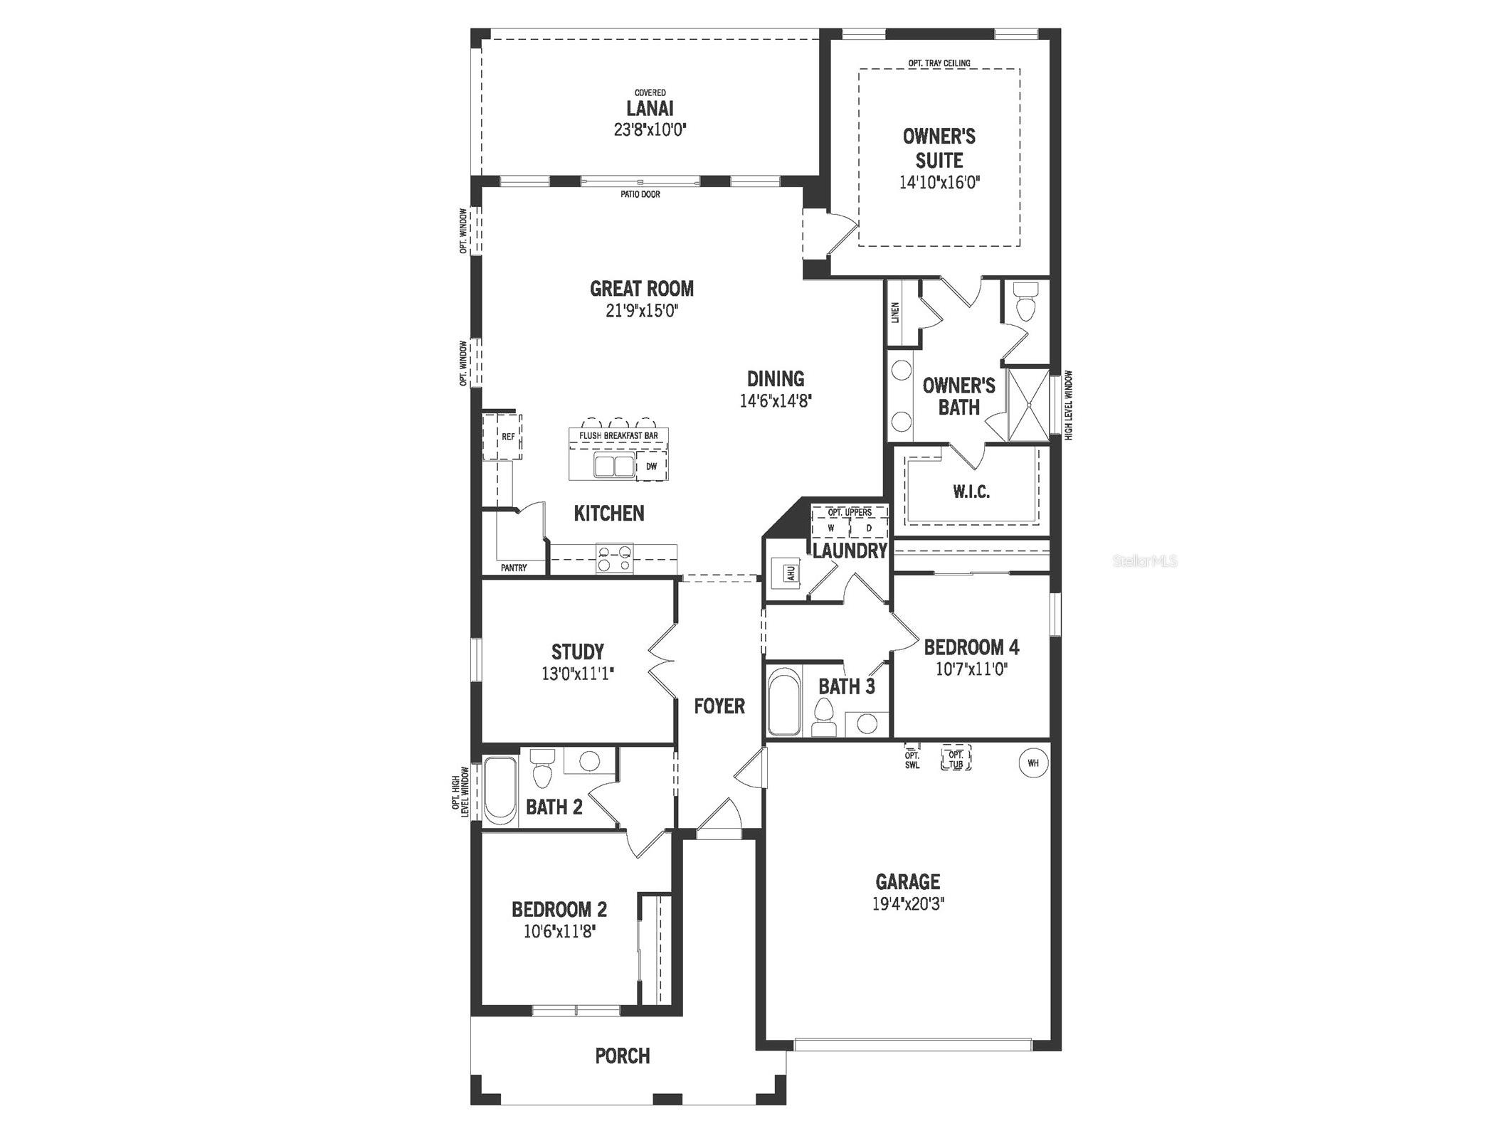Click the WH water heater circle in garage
pos(1032,763)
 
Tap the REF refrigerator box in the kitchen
pos(507,437)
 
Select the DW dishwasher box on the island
pos(651,467)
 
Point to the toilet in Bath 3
pos(823,717)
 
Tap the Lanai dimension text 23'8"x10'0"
pos(650,130)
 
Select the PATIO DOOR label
pos(640,194)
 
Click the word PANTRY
pos(514,568)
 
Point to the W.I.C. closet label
pos(971,492)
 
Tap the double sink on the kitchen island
pos(614,467)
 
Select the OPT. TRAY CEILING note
pos(939,63)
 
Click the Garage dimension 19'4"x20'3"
pos(907,904)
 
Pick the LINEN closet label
pos(895,312)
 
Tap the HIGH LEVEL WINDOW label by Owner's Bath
pos(1068,405)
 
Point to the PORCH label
pos(623,1056)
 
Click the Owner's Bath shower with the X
pos(1029,401)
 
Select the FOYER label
pos(719,706)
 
